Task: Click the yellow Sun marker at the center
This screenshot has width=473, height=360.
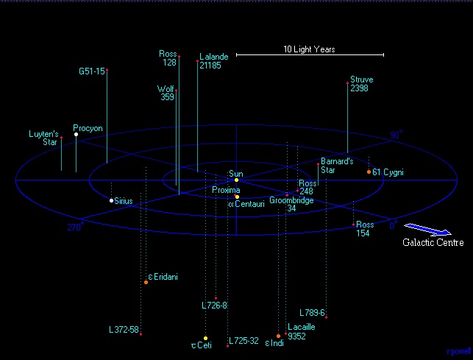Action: point(237,180)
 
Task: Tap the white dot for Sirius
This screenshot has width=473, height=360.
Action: point(111,200)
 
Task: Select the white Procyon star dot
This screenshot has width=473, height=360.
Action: point(76,135)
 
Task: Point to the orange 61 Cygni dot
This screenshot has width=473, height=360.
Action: point(369,172)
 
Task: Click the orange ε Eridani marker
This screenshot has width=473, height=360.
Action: point(146,283)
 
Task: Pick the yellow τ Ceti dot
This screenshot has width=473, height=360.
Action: point(205,338)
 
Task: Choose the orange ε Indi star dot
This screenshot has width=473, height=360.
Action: point(279,336)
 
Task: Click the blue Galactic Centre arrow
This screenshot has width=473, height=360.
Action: point(427,229)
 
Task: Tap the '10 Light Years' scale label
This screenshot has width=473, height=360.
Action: point(309,49)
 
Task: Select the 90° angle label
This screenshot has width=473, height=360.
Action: point(396,135)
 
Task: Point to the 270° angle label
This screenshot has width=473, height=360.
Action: point(76,227)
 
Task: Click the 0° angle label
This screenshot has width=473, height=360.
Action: point(394,225)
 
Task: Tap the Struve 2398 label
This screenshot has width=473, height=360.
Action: point(362,84)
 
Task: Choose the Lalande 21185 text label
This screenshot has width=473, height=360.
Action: point(214,61)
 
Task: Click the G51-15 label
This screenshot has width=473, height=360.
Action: point(92,71)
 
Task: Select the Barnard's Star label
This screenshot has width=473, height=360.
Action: point(337,166)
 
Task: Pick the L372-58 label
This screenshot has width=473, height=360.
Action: point(124,330)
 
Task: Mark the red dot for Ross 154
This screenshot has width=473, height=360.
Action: point(354,225)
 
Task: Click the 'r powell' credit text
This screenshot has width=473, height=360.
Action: point(458,352)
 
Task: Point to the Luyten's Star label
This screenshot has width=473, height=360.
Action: point(43,138)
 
